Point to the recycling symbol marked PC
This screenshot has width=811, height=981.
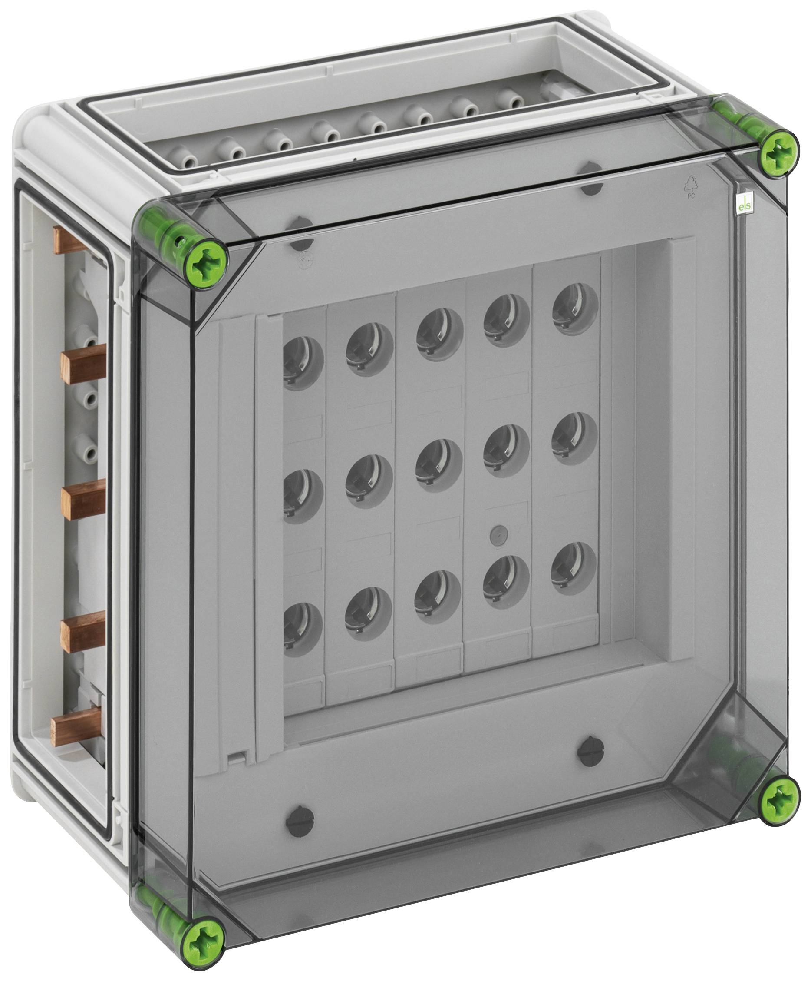691,187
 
